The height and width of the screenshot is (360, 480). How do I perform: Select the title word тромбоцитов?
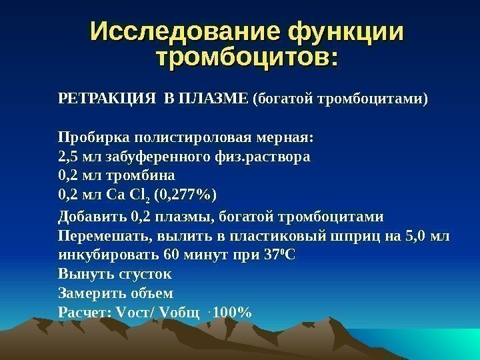tap(247, 57)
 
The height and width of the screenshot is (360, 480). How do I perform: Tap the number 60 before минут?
tap(172, 255)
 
